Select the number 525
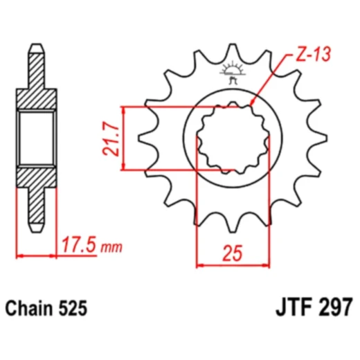pyautogui.click(x=73, y=308)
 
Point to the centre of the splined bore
pyautogui.click(x=233, y=137)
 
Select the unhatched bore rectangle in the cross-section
pyautogui.click(x=35, y=138)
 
